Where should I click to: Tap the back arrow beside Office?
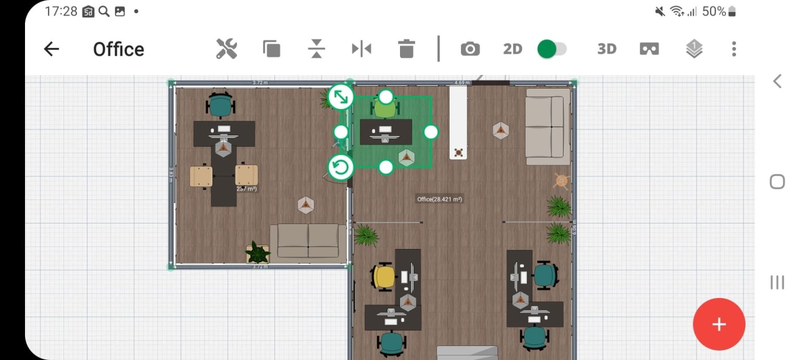coord(51,49)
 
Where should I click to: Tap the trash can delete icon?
coord(406,49)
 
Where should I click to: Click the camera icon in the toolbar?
coord(470,49)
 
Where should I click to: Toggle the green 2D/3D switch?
coord(552,49)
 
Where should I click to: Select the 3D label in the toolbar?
coord(607,49)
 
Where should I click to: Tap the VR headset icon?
coord(649,49)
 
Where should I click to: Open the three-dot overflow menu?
coord(733,49)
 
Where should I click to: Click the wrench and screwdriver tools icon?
coord(227,49)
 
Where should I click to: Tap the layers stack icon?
coord(694,49)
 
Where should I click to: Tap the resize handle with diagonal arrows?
coord(341,97)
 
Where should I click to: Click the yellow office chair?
coord(384,277)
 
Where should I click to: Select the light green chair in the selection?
coord(385,109)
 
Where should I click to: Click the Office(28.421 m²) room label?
coord(440,199)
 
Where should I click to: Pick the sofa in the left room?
coord(308,241)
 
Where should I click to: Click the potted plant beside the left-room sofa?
coord(258,253)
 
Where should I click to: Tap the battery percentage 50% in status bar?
coord(714,11)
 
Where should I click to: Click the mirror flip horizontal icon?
coord(361,49)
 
